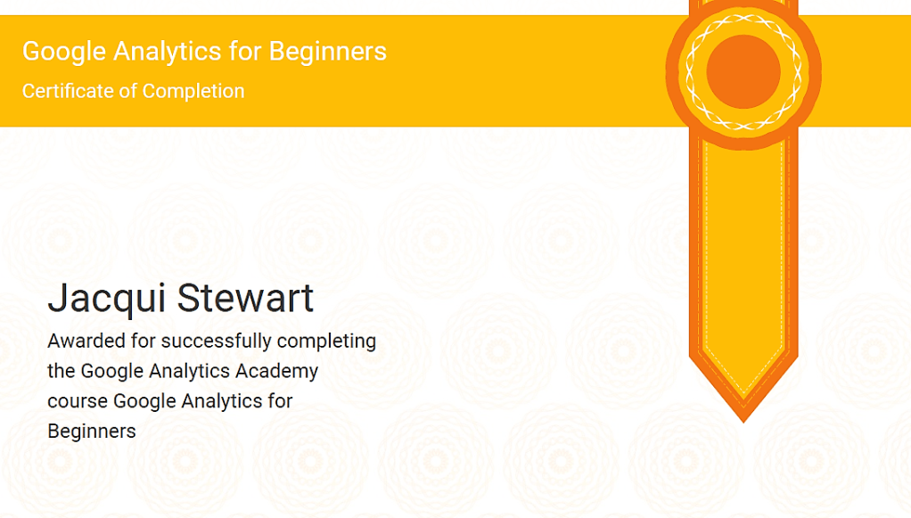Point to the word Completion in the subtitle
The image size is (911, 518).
tap(193, 92)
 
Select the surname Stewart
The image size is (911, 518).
tap(245, 298)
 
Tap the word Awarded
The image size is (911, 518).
tap(86, 341)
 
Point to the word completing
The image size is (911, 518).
tap(326, 341)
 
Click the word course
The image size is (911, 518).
tap(78, 402)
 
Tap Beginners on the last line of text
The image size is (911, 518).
tap(92, 432)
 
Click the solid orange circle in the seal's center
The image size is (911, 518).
tap(743, 71)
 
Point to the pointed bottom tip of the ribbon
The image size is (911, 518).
tap(743, 422)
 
